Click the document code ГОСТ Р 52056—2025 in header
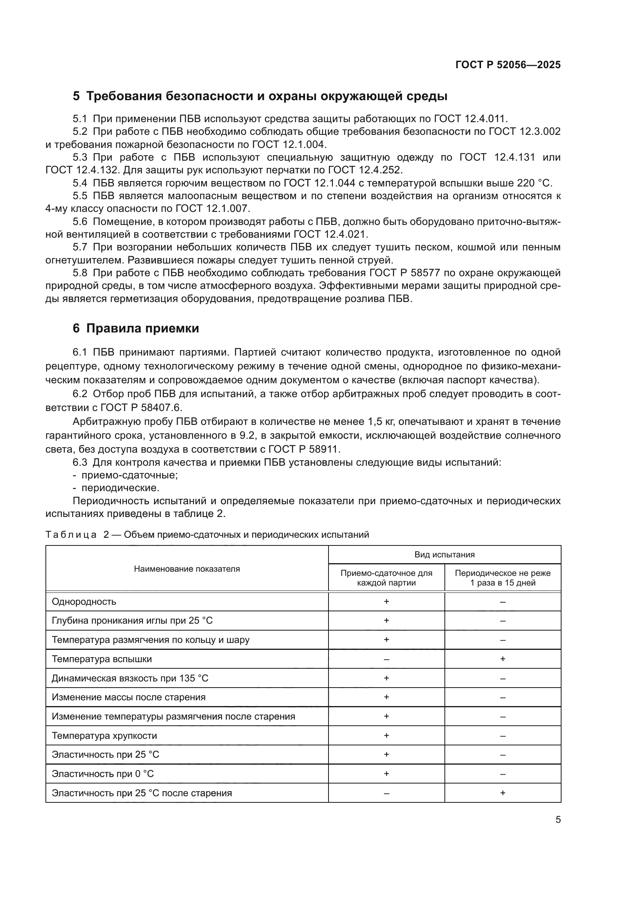(508, 65)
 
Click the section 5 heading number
(76, 96)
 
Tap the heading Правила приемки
(142, 329)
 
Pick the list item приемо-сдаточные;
(129, 475)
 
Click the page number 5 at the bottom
(558, 820)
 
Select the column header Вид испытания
(444, 554)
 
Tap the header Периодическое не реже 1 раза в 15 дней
(503, 578)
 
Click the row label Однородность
(84, 602)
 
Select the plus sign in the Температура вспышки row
(503, 659)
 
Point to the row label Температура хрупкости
(104, 736)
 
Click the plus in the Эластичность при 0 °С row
(386, 774)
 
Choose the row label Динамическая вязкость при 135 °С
(130, 678)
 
